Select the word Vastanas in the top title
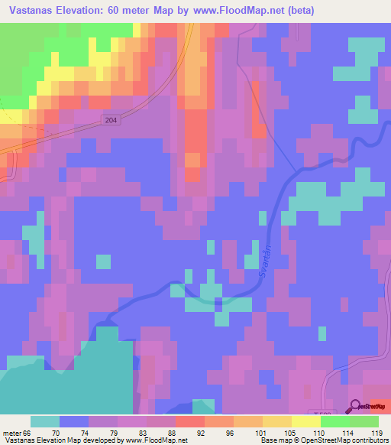tap(28, 11)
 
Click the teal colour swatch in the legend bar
tap(45, 421)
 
